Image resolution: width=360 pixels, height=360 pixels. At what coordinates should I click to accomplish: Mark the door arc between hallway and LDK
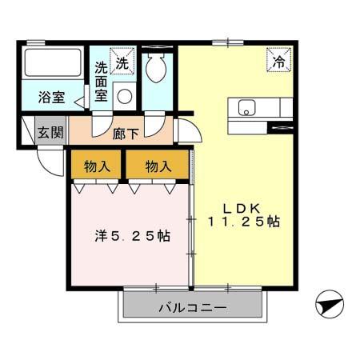pos(186,131)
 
